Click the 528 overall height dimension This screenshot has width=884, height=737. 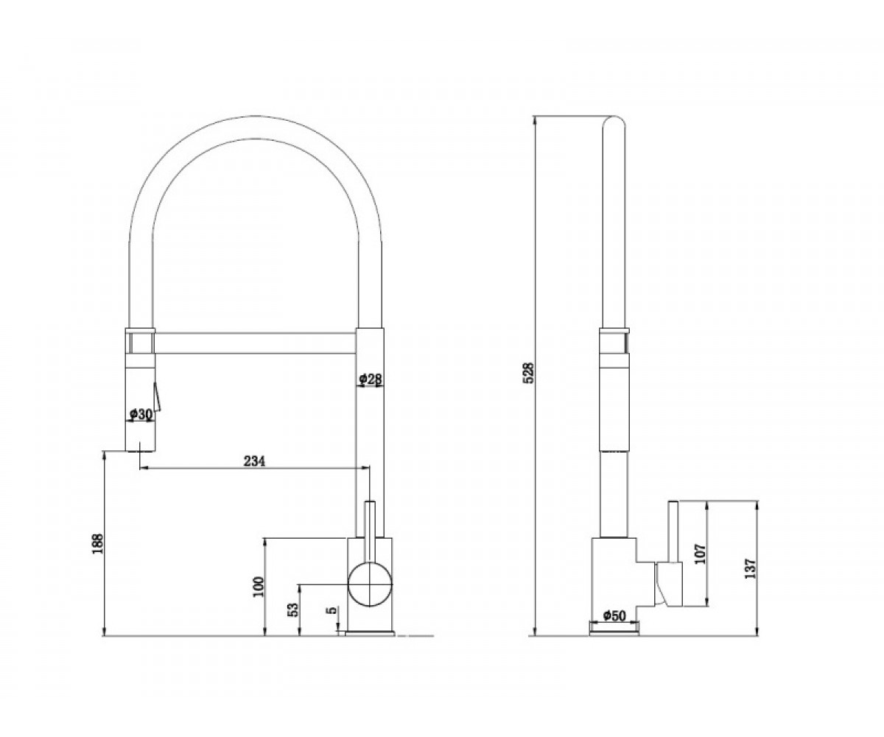(x=529, y=373)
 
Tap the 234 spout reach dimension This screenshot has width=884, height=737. (x=254, y=461)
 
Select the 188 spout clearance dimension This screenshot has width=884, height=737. (x=97, y=543)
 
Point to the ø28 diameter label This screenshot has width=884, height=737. (x=370, y=379)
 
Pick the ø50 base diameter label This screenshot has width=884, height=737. (x=614, y=615)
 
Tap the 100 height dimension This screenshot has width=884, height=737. (x=259, y=587)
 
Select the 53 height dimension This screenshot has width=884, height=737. (x=293, y=609)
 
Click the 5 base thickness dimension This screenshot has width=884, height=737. (x=333, y=610)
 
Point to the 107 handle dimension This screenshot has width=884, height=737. (x=701, y=553)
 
